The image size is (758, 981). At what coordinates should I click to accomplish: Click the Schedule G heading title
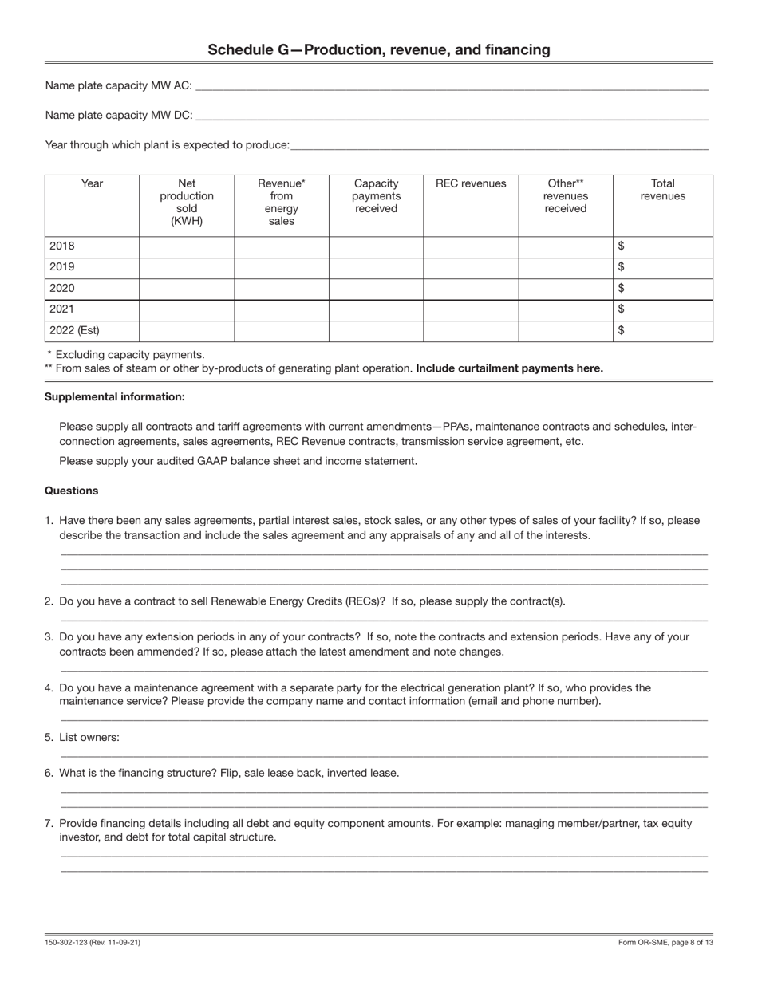(x=379, y=50)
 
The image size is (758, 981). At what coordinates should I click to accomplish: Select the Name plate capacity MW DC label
(x=118, y=115)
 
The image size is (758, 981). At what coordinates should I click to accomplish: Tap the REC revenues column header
(x=471, y=184)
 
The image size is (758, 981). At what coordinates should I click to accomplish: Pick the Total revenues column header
(x=662, y=190)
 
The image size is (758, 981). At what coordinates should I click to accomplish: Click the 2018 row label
(x=62, y=246)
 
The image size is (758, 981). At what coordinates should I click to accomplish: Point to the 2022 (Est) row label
(x=74, y=330)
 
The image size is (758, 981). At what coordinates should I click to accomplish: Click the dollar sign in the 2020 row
(x=622, y=288)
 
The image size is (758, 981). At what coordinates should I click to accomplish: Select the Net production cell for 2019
(x=187, y=267)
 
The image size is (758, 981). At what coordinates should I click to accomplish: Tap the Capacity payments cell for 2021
(x=376, y=309)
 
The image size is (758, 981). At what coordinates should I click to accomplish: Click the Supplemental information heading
(x=115, y=397)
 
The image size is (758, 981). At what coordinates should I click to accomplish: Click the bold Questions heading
(x=72, y=490)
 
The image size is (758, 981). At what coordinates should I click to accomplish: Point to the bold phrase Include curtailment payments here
(x=509, y=368)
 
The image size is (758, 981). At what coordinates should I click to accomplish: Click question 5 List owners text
(x=89, y=737)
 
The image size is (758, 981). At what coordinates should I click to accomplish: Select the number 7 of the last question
(x=49, y=823)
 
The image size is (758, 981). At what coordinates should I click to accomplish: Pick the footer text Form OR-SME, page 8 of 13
(x=665, y=943)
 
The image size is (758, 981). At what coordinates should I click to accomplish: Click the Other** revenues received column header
(x=566, y=196)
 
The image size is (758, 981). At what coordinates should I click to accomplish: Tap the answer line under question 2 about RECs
(x=384, y=619)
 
